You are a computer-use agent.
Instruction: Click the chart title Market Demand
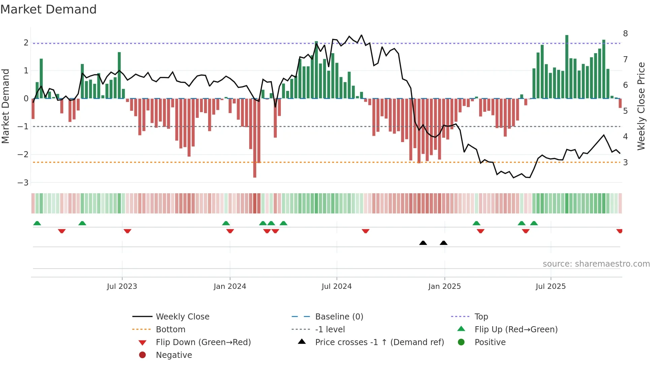point(48,9)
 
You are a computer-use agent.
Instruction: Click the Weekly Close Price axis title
point(641,106)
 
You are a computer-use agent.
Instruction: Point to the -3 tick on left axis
point(23,182)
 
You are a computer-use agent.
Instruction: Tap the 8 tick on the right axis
point(625,34)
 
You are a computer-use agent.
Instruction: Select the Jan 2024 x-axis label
point(230,286)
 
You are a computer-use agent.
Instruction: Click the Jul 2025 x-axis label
point(551,286)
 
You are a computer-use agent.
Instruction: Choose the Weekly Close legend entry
point(182,317)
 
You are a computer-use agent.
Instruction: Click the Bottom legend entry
point(170,330)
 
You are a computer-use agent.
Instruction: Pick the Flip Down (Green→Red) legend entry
point(203,342)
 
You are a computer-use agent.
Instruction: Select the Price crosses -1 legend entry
point(379,342)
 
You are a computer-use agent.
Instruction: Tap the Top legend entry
point(481,317)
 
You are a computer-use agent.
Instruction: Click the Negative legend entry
point(174,355)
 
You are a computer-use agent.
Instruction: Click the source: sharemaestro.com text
point(596,264)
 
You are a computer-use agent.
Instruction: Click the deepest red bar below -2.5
point(255,138)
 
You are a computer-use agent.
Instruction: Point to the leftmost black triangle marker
point(423,243)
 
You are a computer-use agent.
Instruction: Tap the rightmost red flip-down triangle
point(619,231)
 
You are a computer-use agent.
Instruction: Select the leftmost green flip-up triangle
point(37,223)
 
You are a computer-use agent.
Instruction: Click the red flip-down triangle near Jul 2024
point(365,231)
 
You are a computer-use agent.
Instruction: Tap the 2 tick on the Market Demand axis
point(26,43)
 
